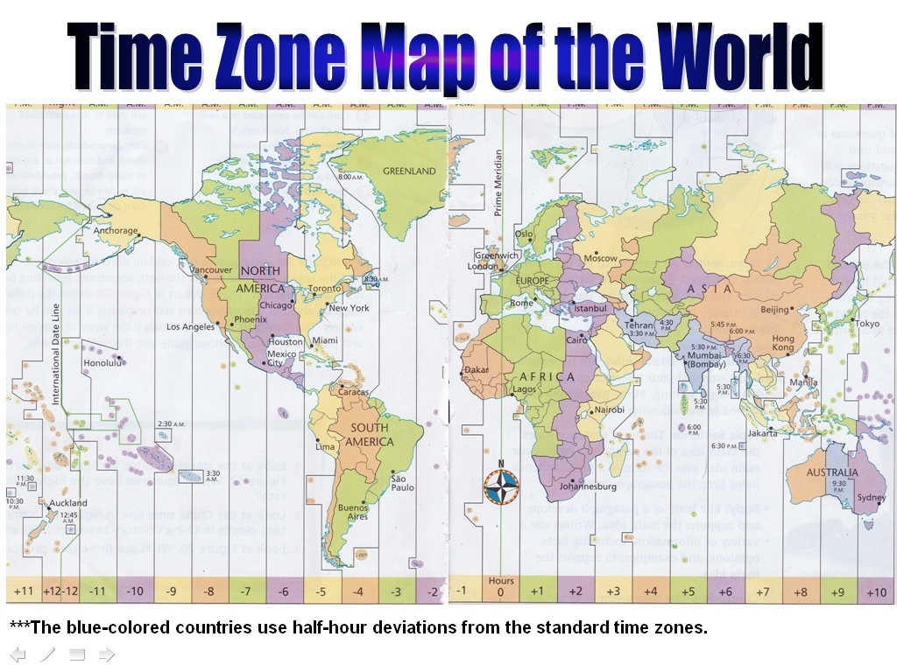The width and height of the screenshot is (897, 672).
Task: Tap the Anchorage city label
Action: coord(116,231)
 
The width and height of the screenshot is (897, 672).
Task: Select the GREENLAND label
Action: coord(408,171)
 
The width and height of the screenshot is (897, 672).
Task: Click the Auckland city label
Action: coord(67,503)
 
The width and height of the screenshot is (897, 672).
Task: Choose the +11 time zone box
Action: coord(25,591)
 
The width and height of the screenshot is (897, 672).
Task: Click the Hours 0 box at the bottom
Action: coord(501,587)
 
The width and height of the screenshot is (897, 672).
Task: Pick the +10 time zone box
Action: coord(876,592)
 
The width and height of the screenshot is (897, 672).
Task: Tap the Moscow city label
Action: coord(601,258)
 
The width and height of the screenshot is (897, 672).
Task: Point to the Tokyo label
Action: coord(867,324)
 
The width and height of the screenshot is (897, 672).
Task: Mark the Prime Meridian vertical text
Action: coord(498,183)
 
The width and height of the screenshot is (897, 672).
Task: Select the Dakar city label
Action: coord(477,370)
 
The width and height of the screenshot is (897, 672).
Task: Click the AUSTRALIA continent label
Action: coord(833,472)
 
